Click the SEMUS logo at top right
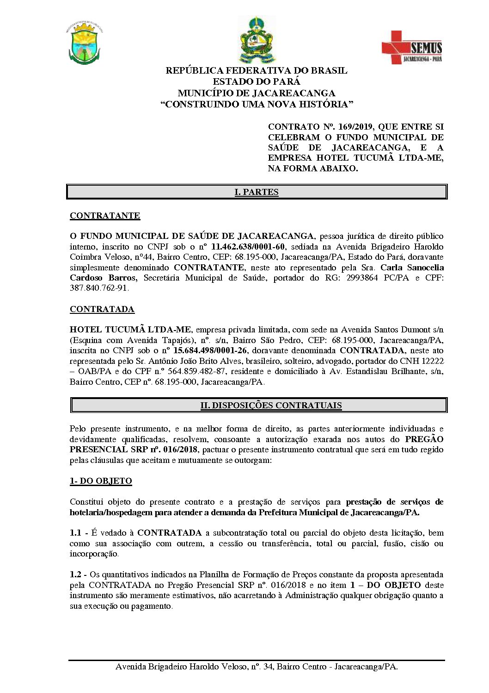[x=411, y=48]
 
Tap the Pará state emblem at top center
[x=257, y=41]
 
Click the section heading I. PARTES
[x=257, y=192]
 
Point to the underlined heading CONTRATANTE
[x=105, y=216]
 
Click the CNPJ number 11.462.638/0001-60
[x=248, y=247]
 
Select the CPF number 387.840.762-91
[x=99, y=288]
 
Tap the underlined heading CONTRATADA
[x=102, y=309]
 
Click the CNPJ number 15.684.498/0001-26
[x=210, y=350]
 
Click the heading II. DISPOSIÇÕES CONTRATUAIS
[x=271, y=406]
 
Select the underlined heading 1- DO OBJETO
[x=101, y=481]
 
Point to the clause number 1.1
[x=75, y=533]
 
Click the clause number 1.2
[x=75, y=574]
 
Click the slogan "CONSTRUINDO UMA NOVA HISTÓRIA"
[x=257, y=104]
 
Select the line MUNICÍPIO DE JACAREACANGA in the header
[x=257, y=93]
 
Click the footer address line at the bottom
[x=257, y=667]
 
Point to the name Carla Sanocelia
[x=412, y=268]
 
